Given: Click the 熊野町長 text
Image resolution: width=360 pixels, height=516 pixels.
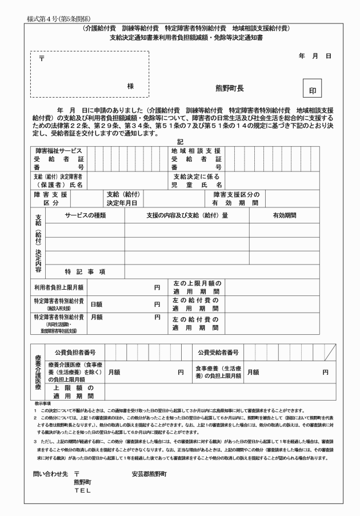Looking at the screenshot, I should click(x=229, y=89).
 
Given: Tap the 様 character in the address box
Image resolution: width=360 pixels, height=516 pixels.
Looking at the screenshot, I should click(x=130, y=86).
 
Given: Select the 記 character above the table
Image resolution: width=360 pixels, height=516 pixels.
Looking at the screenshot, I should click(x=180, y=142).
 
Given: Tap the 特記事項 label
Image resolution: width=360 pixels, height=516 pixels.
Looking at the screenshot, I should click(x=85, y=271).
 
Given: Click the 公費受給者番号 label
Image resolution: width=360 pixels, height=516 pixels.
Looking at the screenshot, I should click(x=218, y=352).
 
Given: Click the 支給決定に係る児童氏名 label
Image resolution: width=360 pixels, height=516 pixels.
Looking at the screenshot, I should click(x=197, y=181).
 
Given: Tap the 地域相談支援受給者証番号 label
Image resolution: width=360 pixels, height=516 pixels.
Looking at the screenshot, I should click(x=197, y=158).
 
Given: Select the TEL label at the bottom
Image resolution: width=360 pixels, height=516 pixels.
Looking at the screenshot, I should click(x=82, y=490).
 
